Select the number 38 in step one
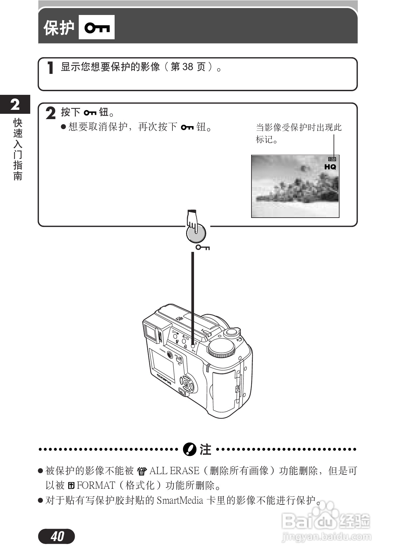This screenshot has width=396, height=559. [187, 67]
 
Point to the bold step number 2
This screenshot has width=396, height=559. [50, 113]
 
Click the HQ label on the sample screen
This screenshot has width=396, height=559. [330, 167]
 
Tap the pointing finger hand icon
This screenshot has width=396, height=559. [193, 220]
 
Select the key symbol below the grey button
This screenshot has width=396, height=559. [202, 248]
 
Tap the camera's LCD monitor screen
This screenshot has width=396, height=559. [162, 364]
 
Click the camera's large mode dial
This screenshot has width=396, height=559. [221, 348]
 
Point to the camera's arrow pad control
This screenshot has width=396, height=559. [186, 384]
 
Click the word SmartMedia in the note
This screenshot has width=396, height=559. [180, 500]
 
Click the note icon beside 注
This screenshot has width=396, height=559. [189, 450]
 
